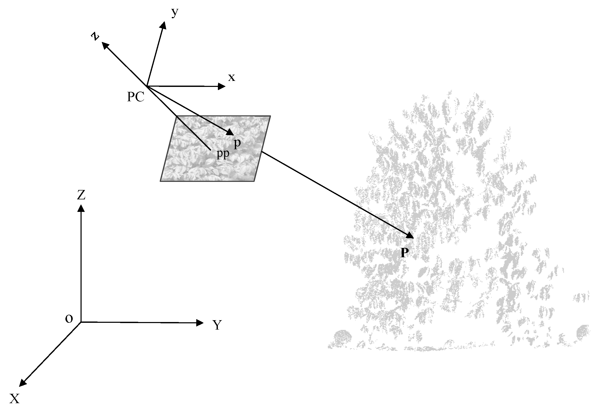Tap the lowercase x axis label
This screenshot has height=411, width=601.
point(231,78)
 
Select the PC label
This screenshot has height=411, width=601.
point(136,97)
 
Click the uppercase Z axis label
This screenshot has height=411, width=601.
point(81,195)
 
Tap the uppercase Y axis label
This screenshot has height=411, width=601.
point(217,325)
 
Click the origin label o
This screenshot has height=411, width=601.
point(69,319)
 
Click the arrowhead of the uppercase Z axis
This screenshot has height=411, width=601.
point(81,209)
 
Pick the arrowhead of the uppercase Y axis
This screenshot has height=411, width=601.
point(200,323)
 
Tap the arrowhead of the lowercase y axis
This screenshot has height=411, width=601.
point(163,25)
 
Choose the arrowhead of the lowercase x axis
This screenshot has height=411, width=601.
point(222,86)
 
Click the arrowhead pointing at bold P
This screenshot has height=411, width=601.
point(410,235)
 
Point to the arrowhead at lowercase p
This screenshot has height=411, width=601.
point(230,132)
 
